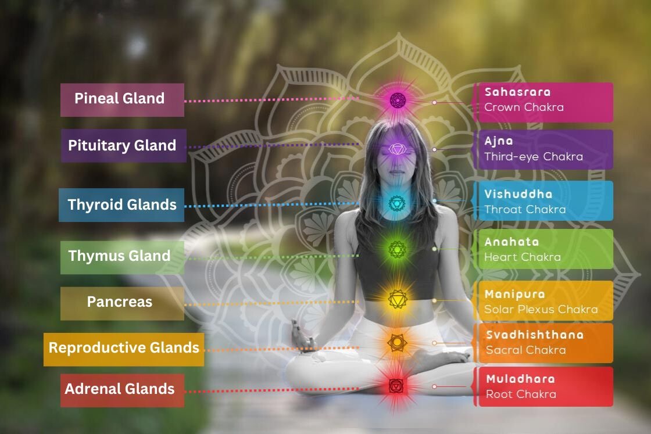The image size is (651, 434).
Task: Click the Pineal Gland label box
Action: [122, 99]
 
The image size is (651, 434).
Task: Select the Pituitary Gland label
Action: [123, 146]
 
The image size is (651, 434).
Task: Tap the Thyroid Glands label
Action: [121, 205]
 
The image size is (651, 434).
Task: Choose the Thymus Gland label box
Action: [121, 257]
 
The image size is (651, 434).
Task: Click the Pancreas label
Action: [121, 303]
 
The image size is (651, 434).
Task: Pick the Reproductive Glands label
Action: [124, 349]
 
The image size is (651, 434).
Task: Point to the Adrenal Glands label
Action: [121, 390]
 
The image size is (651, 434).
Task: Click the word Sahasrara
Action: [517, 92]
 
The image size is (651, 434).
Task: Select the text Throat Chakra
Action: [524, 209]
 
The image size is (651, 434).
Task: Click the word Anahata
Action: [512, 242]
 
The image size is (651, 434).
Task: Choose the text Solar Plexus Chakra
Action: [541, 309]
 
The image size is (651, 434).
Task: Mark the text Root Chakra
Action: [521, 394]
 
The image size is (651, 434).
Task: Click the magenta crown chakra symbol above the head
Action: [397, 100]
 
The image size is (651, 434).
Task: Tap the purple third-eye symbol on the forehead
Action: [396, 149]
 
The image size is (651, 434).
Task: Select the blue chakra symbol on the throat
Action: [396, 202]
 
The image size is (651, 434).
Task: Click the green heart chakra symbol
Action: [396, 250]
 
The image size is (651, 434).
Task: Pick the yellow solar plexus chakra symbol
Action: [398, 299]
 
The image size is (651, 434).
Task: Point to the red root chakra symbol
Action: [395, 385]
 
